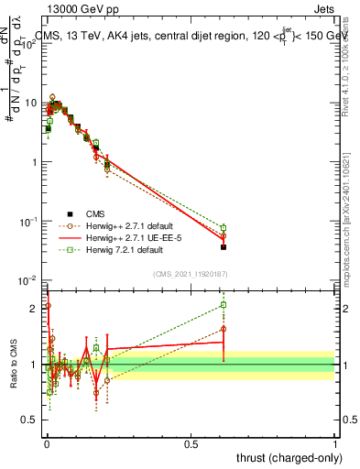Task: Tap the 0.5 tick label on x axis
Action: [x=191, y=442]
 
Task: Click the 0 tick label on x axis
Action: [x=47, y=442]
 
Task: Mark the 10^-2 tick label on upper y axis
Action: [x=29, y=280]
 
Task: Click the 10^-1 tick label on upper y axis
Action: [x=29, y=222]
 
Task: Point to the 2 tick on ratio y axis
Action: [x=35, y=309]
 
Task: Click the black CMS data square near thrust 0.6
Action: [x=224, y=246]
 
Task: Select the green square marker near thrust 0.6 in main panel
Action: [x=224, y=227]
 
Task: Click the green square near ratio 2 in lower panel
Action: [x=224, y=305]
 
